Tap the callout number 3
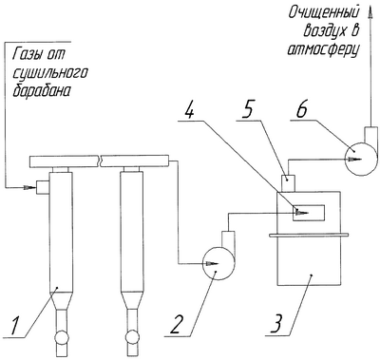[277, 323]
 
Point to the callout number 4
[189, 109]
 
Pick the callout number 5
[248, 109]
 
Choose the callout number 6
[302, 109]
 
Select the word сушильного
[49, 74]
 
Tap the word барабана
[41, 90]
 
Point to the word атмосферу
[323, 50]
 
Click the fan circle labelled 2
[218, 263]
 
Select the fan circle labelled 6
[362, 159]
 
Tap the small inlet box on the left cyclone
[43, 187]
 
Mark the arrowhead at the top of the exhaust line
[370, 11]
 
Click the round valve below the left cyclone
[62, 337]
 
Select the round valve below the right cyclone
[133, 337]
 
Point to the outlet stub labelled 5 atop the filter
[289, 184]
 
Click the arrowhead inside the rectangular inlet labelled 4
[301, 213]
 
